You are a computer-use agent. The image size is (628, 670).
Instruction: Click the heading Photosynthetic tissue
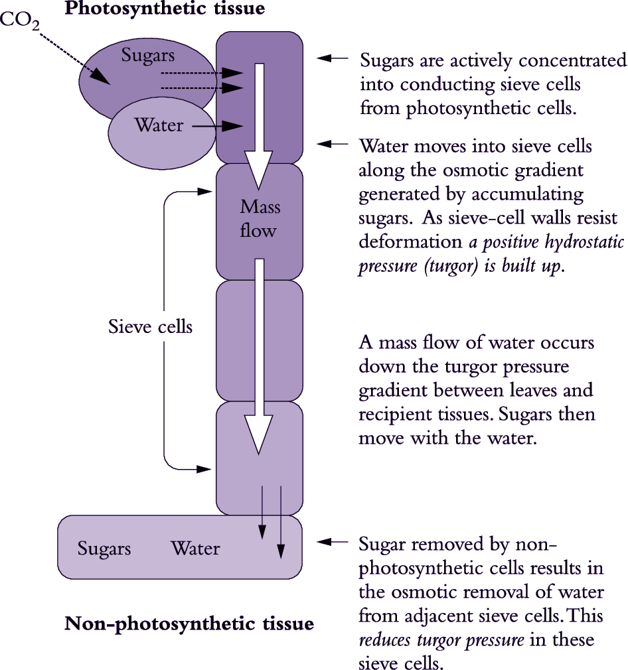coord(164,9)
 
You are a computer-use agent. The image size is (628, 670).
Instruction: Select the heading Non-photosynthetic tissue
coord(189,624)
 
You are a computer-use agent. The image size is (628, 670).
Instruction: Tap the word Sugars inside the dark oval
coord(147,56)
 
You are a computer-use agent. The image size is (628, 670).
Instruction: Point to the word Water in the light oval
coord(159,125)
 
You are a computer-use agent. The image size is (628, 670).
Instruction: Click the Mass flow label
coord(260,219)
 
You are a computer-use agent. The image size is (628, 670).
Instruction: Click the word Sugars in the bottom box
coord(104,549)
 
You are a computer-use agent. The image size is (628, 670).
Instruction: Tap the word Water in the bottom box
coord(195,549)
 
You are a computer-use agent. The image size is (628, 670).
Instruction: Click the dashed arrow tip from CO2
coord(103,79)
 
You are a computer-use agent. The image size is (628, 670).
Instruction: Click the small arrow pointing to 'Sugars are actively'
coord(332,59)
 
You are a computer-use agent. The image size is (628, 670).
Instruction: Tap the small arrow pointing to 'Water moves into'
coord(332,143)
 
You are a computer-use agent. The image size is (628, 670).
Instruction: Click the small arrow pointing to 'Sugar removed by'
coord(332,543)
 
